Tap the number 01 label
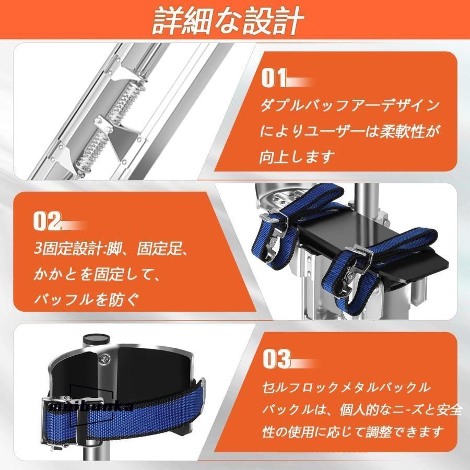[274, 79]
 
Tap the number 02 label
[48, 221]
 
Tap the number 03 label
[275, 360]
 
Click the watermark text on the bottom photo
[89, 406]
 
